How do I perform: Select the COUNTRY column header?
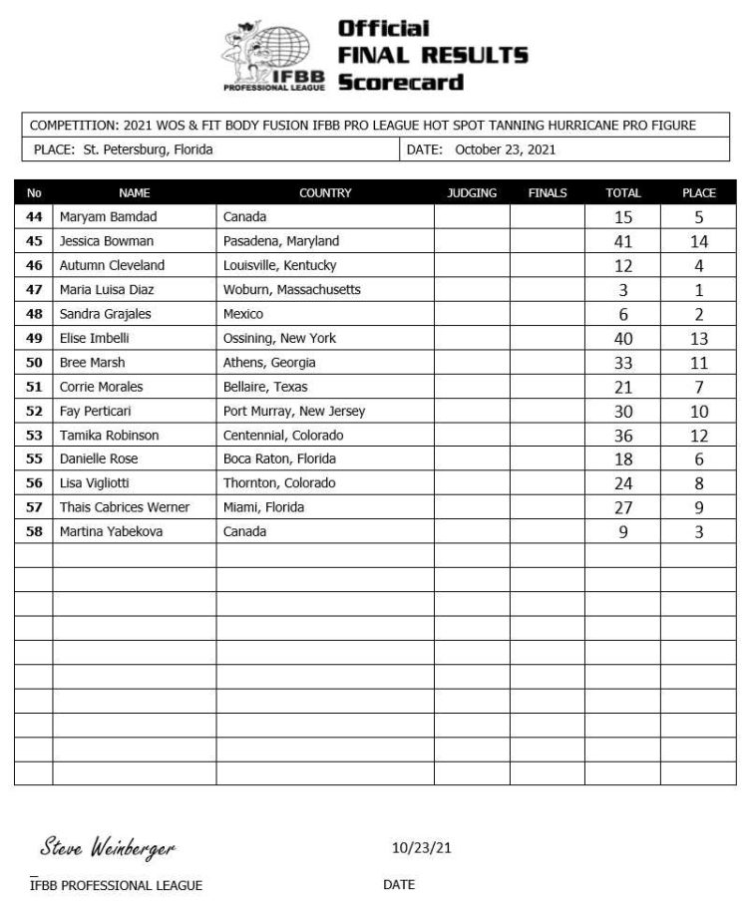tap(325, 193)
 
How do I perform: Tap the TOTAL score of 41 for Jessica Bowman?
tap(623, 241)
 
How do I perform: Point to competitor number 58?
tap(34, 532)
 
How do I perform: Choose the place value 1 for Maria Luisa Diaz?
tap(699, 290)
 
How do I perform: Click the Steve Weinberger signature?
tap(108, 848)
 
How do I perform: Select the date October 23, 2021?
tap(505, 151)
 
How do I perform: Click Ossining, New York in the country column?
tap(279, 339)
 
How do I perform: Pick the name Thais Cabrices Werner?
tap(124, 508)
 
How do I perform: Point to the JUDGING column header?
tap(472, 193)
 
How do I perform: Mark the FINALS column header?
tap(548, 193)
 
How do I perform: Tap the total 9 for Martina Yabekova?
tap(623, 532)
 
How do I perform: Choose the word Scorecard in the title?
tap(401, 82)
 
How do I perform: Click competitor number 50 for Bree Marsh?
tap(34, 363)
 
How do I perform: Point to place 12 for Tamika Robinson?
tap(699, 436)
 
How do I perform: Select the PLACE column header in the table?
tap(699, 193)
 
